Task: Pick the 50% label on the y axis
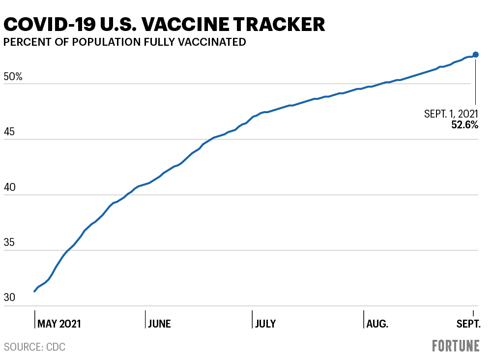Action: click(x=13, y=77)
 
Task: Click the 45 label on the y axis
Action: click(x=10, y=133)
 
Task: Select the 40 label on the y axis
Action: click(x=10, y=188)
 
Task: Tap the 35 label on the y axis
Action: click(x=10, y=244)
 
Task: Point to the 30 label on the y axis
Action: click(x=10, y=298)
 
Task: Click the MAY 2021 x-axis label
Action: click(x=59, y=324)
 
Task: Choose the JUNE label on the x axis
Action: click(x=160, y=324)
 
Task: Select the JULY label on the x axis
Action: click(x=265, y=324)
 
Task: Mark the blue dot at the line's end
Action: click(x=475, y=55)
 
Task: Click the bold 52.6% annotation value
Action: click(x=464, y=125)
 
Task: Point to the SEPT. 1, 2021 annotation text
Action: click(x=451, y=114)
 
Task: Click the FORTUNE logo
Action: click(x=456, y=346)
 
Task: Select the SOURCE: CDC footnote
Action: click(x=34, y=347)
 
